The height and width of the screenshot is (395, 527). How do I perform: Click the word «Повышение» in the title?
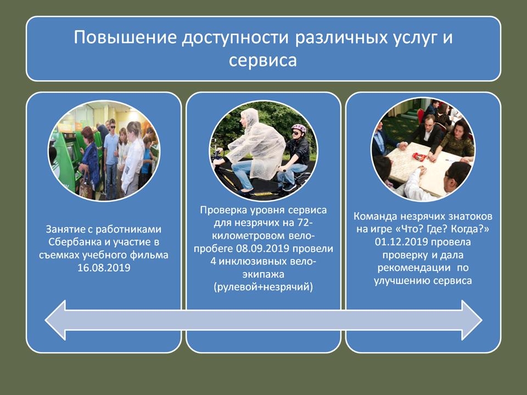[x=125, y=37]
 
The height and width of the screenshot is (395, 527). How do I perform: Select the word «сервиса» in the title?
[x=263, y=60]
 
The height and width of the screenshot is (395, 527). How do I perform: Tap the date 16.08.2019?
[x=104, y=268]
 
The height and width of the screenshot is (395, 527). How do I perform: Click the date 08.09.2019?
[x=263, y=249]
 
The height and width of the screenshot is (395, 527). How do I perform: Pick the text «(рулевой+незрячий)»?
[x=263, y=287]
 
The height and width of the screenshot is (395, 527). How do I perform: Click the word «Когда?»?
[x=470, y=229]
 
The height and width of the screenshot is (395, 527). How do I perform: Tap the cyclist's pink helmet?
[x=299, y=128]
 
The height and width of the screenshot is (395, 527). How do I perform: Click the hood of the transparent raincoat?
[x=250, y=116]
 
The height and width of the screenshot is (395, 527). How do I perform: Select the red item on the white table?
[x=419, y=156]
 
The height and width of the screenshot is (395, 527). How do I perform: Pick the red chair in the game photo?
[x=421, y=115]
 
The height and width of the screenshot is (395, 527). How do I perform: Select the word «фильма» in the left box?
[x=149, y=255]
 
